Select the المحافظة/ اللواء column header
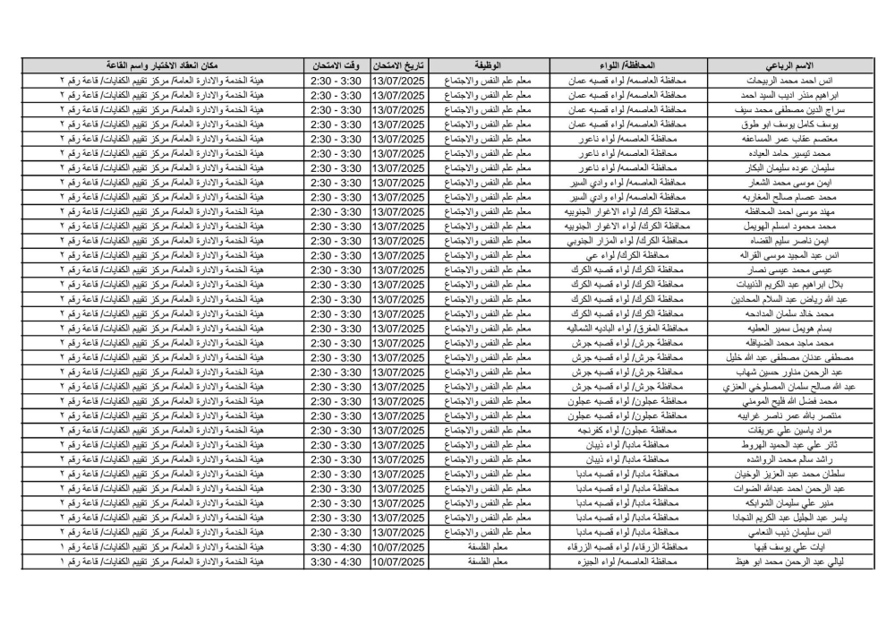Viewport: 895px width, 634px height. click(624, 66)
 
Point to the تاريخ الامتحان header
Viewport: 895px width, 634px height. click(399, 66)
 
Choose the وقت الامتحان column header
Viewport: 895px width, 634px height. click(335, 66)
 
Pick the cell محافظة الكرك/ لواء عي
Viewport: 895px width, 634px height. click(624, 254)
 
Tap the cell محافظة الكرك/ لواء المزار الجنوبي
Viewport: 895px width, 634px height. click(624, 240)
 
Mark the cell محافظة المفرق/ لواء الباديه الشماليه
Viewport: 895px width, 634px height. click(624, 328)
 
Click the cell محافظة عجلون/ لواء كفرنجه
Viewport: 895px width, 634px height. click(624, 429)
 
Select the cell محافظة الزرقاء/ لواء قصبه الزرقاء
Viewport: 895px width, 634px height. click(624, 545)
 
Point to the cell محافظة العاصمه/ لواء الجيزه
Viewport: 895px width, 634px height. click(624, 560)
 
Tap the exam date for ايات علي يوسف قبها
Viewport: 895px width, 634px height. click(399, 545)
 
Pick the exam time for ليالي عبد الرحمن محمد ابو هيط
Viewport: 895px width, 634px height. click(335, 560)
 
